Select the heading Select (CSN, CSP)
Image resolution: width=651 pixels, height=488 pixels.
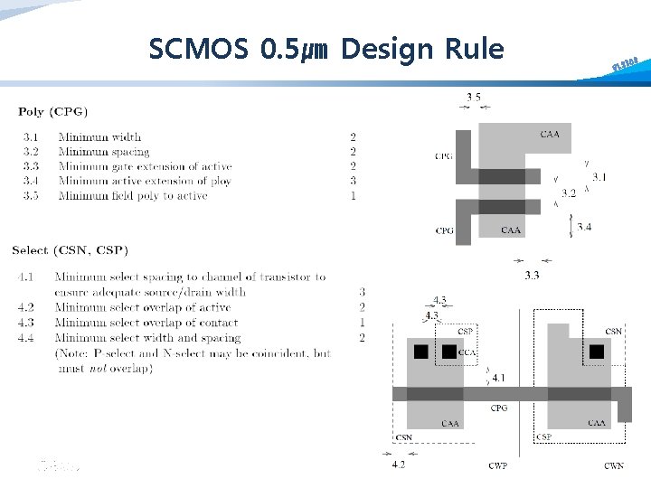click(x=70, y=249)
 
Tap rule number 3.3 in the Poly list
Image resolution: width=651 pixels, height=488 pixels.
click(x=29, y=166)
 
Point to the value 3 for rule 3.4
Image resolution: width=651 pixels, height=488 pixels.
click(x=353, y=181)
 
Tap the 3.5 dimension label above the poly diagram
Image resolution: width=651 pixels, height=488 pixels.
click(x=473, y=97)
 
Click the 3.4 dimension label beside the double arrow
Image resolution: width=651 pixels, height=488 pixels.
click(x=584, y=227)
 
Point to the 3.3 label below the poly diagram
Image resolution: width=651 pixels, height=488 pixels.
click(x=532, y=275)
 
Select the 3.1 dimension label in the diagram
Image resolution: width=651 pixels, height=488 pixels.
click(x=599, y=177)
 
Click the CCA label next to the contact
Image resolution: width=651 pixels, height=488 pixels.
click(x=467, y=352)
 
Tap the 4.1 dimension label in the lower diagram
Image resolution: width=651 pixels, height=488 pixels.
click(x=498, y=378)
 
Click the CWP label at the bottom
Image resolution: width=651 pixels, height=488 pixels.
click(x=497, y=465)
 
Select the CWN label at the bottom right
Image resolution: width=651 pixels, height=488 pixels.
click(x=614, y=465)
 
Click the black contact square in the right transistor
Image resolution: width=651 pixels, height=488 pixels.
click(x=597, y=352)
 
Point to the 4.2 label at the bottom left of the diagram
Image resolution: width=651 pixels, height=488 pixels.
click(x=399, y=465)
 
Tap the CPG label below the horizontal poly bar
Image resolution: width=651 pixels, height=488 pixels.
click(x=498, y=408)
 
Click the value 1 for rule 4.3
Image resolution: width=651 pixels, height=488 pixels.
click(x=362, y=323)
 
